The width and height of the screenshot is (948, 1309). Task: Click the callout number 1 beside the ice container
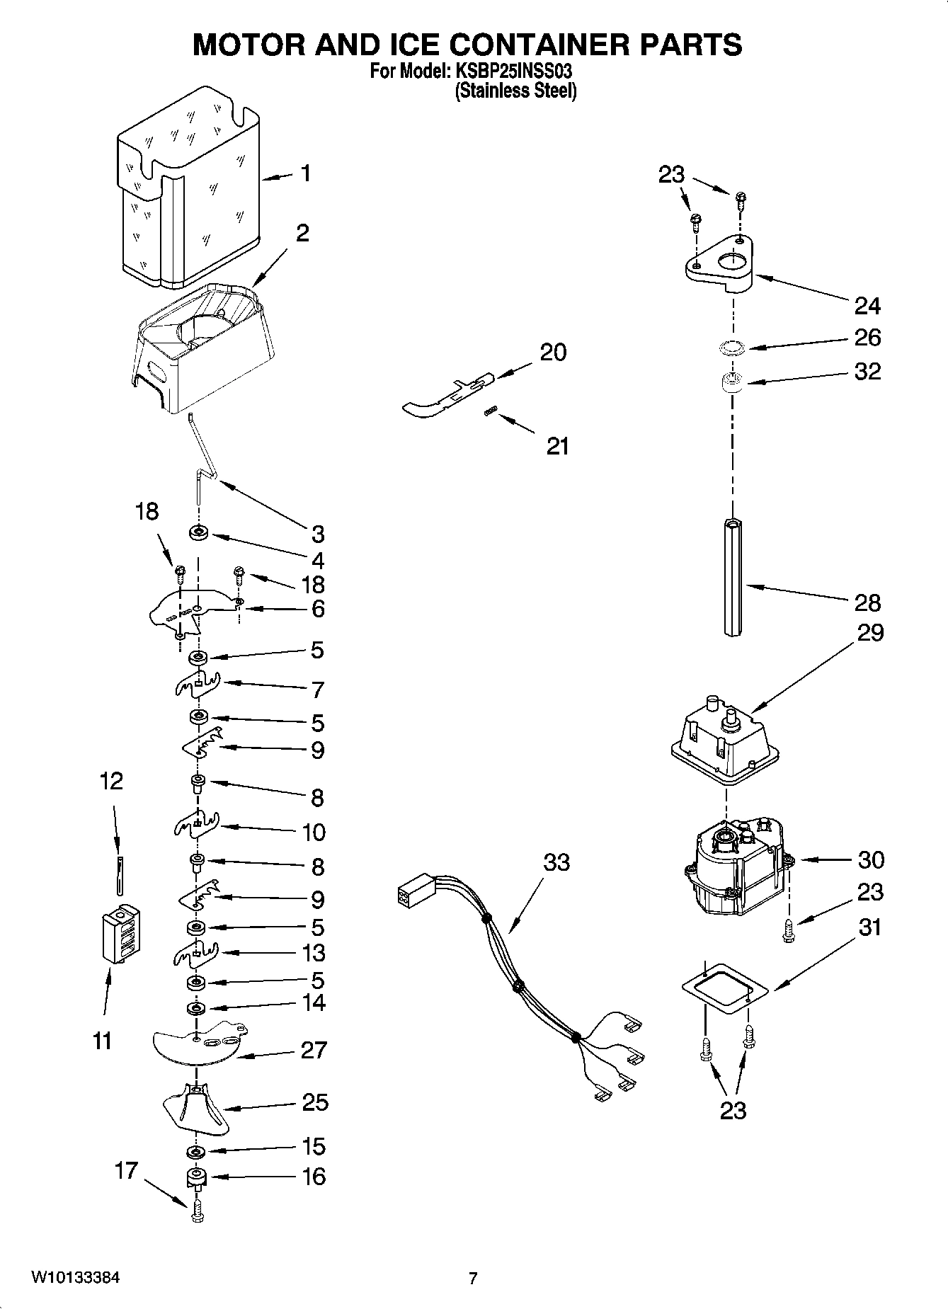point(305,173)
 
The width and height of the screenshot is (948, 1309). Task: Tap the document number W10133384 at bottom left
point(75,1278)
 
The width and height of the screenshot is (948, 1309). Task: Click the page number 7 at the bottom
point(473,1279)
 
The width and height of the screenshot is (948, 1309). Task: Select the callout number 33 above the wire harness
point(556,863)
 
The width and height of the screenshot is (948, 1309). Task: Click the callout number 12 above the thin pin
point(111,781)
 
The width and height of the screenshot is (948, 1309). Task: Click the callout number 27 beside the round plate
point(314,1049)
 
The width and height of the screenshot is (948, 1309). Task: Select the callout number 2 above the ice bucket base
point(302,234)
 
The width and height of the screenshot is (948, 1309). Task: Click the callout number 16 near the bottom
point(314,1176)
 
